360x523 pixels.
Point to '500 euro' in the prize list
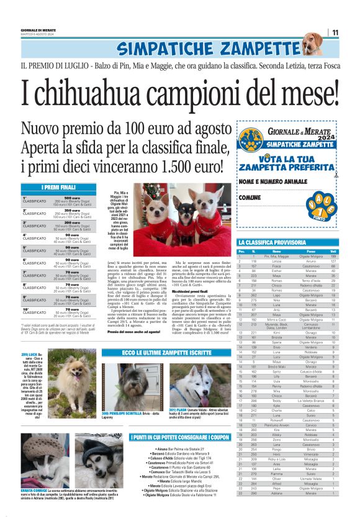pyautogui.click(x=71, y=198)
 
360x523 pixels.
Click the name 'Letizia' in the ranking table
pyautogui.click(x=272, y=261)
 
